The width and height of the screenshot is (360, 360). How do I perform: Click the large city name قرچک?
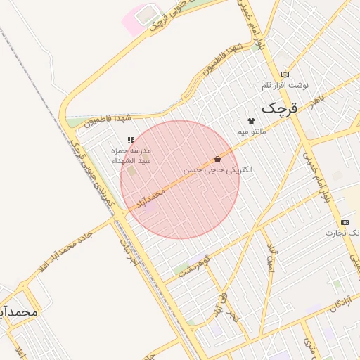click(x=280, y=108)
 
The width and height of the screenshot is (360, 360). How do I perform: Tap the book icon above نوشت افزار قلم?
click(x=285, y=75)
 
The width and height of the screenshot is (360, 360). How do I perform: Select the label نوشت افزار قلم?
click(x=285, y=85)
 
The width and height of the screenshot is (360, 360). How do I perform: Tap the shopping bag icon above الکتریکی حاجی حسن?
click(x=217, y=160)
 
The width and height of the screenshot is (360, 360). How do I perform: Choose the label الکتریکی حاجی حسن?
click(x=218, y=170)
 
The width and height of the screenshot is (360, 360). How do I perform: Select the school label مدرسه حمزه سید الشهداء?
click(x=131, y=155)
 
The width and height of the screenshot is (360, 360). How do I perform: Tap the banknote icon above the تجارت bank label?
click(x=344, y=222)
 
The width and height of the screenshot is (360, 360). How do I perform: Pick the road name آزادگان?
click(x=340, y=304)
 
